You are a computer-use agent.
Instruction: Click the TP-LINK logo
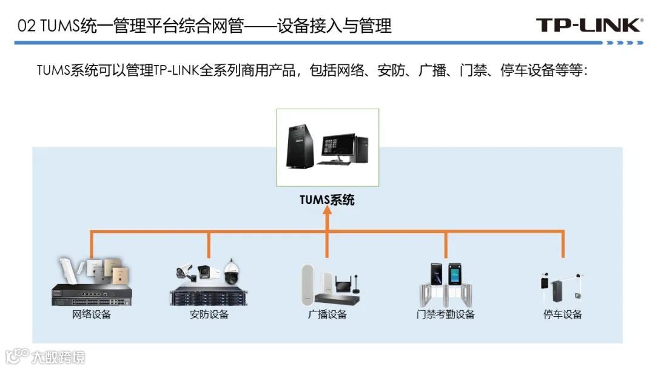tap(589, 25)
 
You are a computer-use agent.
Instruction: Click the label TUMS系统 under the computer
tap(327, 199)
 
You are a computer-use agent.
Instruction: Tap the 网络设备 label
tap(92, 314)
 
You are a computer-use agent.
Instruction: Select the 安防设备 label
tap(209, 314)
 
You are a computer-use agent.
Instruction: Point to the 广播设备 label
tap(327, 314)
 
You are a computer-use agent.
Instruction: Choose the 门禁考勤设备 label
tap(445, 314)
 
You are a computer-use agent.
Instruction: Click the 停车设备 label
tap(562, 314)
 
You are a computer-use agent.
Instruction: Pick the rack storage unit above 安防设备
tap(209, 297)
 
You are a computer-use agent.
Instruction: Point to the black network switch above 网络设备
tap(91, 295)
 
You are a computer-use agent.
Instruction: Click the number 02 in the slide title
tap(25, 26)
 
